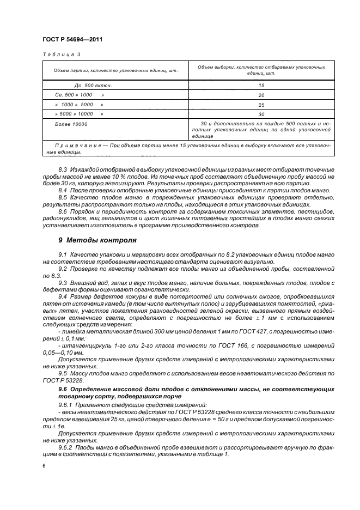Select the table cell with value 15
(261, 86)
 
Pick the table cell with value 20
(261, 95)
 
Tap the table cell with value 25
(261, 105)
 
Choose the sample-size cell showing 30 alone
(261, 114)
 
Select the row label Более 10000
(71, 124)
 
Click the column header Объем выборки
(261, 70)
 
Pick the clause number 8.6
(62, 211)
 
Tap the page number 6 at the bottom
(44, 466)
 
